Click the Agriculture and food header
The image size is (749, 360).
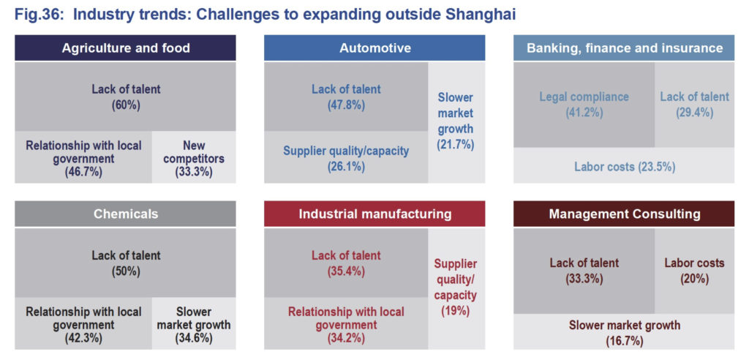(x=126, y=48)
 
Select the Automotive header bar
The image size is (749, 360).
(x=374, y=48)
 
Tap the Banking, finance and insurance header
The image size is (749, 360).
(x=624, y=48)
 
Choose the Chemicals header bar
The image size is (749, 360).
(x=126, y=214)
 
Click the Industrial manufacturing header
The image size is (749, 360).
(x=374, y=214)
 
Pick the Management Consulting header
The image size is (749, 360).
(x=624, y=214)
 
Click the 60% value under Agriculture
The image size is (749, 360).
(x=126, y=105)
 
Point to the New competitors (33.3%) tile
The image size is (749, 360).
(x=194, y=158)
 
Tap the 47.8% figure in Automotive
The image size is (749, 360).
(x=346, y=105)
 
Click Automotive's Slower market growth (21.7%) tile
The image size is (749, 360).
(x=456, y=121)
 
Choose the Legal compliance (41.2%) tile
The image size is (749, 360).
(x=584, y=105)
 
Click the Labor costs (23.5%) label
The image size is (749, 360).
(x=624, y=166)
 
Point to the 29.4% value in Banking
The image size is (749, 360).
(x=694, y=112)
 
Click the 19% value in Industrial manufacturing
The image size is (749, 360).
(x=456, y=310)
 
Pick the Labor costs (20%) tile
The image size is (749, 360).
(x=694, y=270)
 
